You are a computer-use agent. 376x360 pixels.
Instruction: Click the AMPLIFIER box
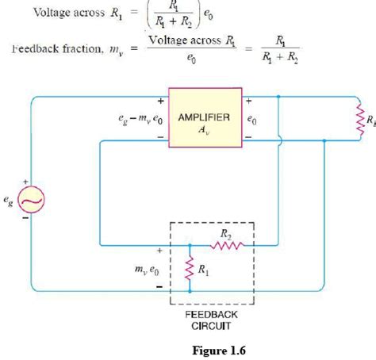click(x=204, y=124)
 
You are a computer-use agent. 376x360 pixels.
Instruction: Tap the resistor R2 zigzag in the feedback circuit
click(x=225, y=245)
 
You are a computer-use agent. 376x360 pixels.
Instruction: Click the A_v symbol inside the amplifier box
click(x=204, y=132)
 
